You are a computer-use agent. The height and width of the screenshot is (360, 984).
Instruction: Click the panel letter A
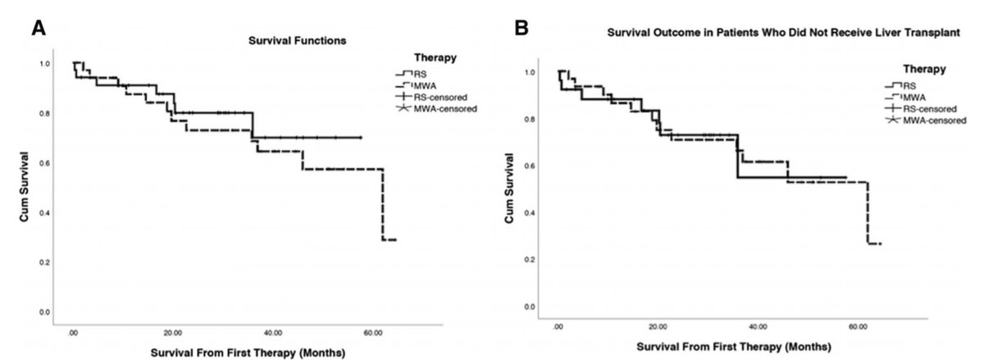pos(39,29)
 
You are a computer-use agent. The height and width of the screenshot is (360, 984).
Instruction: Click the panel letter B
pos(522,29)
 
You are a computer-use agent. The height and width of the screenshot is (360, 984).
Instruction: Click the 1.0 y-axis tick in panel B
pos(531,72)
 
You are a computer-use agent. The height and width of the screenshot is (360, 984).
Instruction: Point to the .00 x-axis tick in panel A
pos(73,334)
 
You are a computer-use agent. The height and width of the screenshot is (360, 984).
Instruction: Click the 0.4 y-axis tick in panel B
pos(531,212)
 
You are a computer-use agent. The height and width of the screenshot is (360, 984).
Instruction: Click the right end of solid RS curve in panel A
pos(361,138)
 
